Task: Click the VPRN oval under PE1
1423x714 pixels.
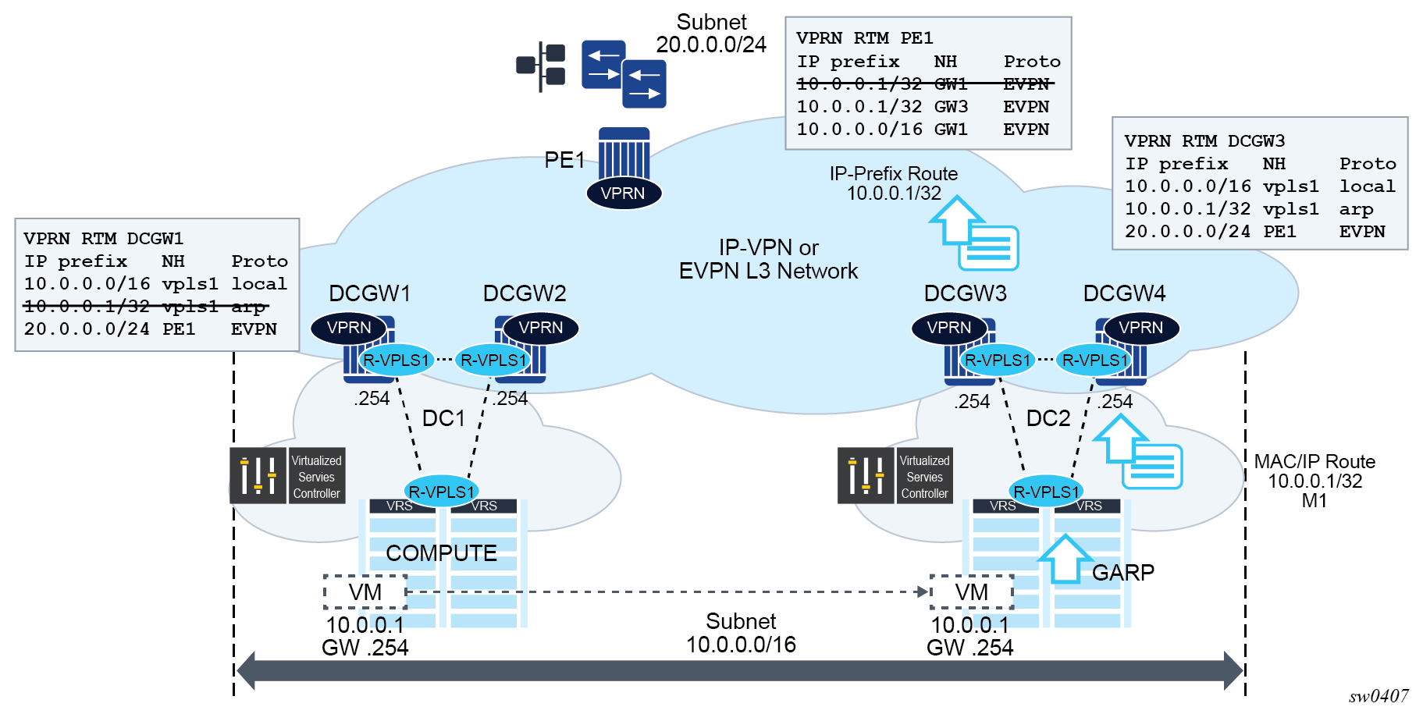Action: pyautogui.click(x=623, y=193)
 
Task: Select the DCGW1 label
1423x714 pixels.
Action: pyautogui.click(x=369, y=293)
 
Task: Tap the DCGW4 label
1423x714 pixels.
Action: pyautogui.click(x=1123, y=293)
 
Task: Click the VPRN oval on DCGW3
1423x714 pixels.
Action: pyautogui.click(x=948, y=328)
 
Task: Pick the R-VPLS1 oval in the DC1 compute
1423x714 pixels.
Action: pyautogui.click(x=441, y=492)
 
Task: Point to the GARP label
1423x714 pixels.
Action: pyautogui.click(x=1122, y=573)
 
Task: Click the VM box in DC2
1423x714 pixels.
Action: pyautogui.click(x=971, y=592)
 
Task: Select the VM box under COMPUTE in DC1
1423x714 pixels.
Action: pyautogui.click(x=365, y=592)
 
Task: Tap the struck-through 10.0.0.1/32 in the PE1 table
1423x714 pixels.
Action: pyautogui.click(x=859, y=83)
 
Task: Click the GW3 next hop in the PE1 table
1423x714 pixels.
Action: pyautogui.click(x=951, y=107)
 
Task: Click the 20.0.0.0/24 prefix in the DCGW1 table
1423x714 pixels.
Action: pyautogui.click(x=87, y=329)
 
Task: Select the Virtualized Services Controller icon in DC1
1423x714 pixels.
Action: pyautogui.click(x=258, y=475)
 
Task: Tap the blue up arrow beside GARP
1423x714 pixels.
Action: pyautogui.click(x=1065, y=559)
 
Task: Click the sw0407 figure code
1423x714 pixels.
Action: pyautogui.click(x=1379, y=696)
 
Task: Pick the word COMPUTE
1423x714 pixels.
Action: pyautogui.click(x=441, y=553)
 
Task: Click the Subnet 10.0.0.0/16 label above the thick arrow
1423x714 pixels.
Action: pyautogui.click(x=741, y=633)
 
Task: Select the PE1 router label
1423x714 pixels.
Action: pyautogui.click(x=564, y=160)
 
